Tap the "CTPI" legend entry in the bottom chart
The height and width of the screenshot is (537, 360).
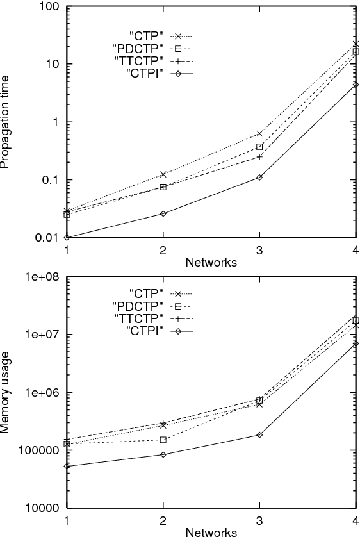(x=145, y=331)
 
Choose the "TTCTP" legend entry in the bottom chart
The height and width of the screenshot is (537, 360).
(x=142, y=318)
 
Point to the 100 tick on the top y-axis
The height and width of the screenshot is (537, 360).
(x=50, y=7)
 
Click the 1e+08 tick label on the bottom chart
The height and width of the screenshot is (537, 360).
(x=43, y=277)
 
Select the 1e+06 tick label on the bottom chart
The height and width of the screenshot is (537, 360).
(x=43, y=392)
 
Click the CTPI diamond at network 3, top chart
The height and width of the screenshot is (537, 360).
(x=259, y=177)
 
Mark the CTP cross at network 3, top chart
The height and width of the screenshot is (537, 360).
(x=259, y=133)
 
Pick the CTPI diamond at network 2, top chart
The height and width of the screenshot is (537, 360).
(x=163, y=213)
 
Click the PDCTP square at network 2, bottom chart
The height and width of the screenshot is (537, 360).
(x=163, y=440)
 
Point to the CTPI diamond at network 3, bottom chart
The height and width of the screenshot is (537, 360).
(x=259, y=434)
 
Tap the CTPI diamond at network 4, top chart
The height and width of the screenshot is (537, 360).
(x=356, y=85)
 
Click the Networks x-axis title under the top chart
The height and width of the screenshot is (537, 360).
(x=211, y=261)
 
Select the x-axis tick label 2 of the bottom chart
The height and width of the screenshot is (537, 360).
(x=163, y=520)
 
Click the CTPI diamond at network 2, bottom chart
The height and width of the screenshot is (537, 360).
(x=163, y=454)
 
